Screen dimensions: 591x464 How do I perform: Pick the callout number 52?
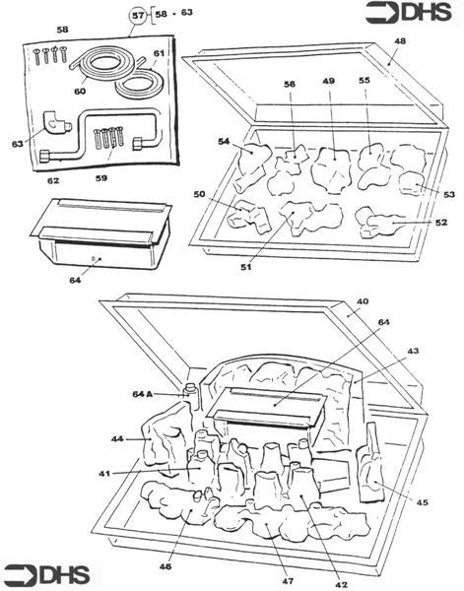tap(441, 223)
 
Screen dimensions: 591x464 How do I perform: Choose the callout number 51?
tap(244, 266)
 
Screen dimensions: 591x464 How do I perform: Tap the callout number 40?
tap(363, 302)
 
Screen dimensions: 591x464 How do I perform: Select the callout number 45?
tap(423, 502)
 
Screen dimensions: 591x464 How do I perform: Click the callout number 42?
tap(341, 583)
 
